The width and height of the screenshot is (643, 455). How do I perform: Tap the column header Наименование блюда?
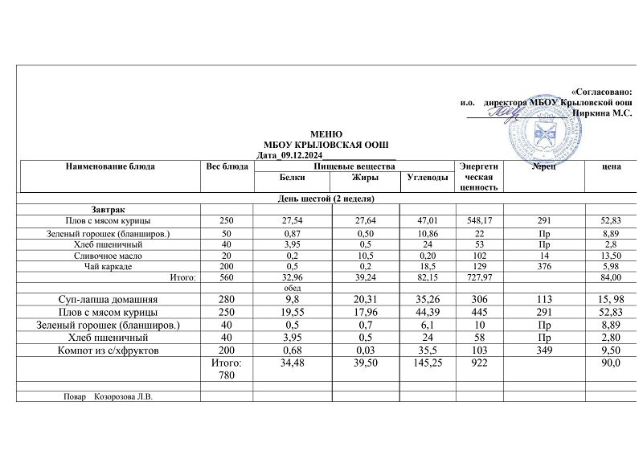tap(110, 166)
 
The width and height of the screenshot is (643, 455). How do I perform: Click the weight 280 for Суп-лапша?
tap(226, 299)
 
